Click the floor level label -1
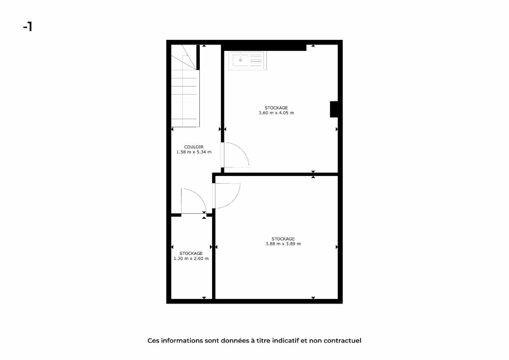(28, 27)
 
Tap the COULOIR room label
(193, 147)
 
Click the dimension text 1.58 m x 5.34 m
(194, 152)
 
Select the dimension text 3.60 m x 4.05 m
(276, 113)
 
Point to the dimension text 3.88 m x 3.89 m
(283, 244)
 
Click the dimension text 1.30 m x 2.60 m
(191, 258)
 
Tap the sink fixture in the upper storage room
(247, 61)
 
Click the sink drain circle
(241, 60)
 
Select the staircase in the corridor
(185, 86)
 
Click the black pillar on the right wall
(334, 109)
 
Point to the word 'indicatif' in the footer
(285, 340)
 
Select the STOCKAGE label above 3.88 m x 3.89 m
(283, 239)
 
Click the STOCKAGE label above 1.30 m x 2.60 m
(191, 253)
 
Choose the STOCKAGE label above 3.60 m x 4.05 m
(276, 108)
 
